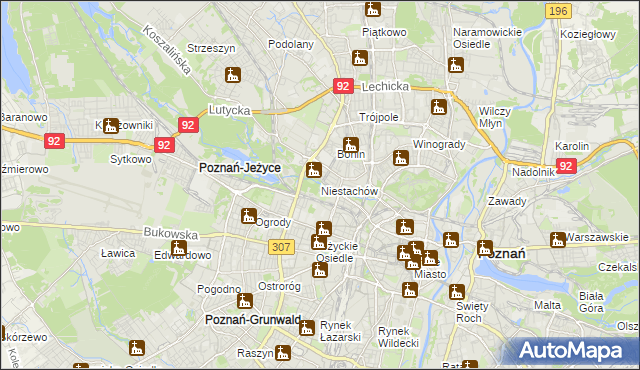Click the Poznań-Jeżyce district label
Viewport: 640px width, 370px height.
click(x=240, y=169)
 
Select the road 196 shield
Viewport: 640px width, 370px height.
click(x=559, y=10)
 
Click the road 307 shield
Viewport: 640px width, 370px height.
click(x=281, y=247)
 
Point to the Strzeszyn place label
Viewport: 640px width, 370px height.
click(x=210, y=47)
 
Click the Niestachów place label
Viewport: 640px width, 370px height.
click(x=348, y=190)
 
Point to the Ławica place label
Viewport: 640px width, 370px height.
click(x=117, y=253)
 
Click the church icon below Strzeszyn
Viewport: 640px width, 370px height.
click(x=233, y=75)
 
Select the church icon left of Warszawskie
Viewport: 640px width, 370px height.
click(x=558, y=239)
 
